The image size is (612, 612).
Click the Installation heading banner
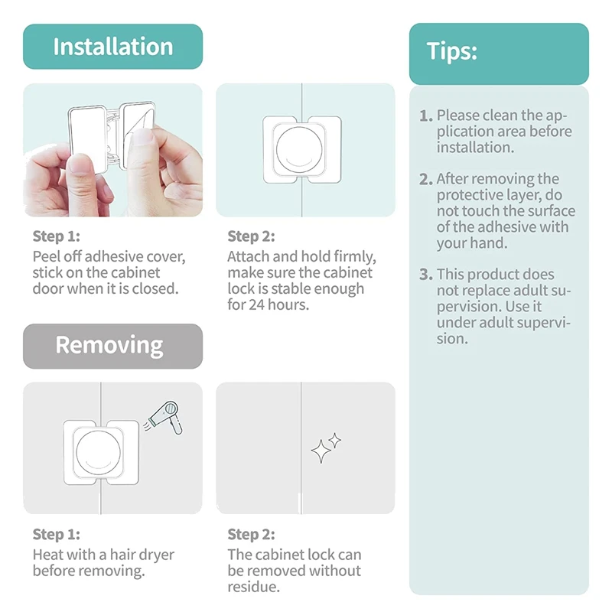[x=112, y=47]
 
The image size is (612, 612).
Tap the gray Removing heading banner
[x=112, y=346]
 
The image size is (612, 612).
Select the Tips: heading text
[x=451, y=51]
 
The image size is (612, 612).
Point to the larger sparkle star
[x=321, y=451]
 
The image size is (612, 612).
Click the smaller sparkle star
[x=334, y=441]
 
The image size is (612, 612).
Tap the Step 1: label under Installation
[x=56, y=236]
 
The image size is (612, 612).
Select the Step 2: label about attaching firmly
[x=251, y=236]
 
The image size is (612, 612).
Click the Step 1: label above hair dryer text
[x=56, y=534]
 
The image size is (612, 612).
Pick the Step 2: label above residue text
[x=251, y=534]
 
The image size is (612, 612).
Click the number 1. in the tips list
[x=426, y=116]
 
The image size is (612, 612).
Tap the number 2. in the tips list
[x=426, y=179]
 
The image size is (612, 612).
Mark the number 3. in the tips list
[x=426, y=275]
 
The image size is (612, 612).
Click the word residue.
[x=254, y=587]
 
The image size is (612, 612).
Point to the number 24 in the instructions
[x=257, y=304]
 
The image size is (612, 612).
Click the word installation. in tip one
[x=475, y=148]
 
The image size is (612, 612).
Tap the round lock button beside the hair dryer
[x=99, y=452]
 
